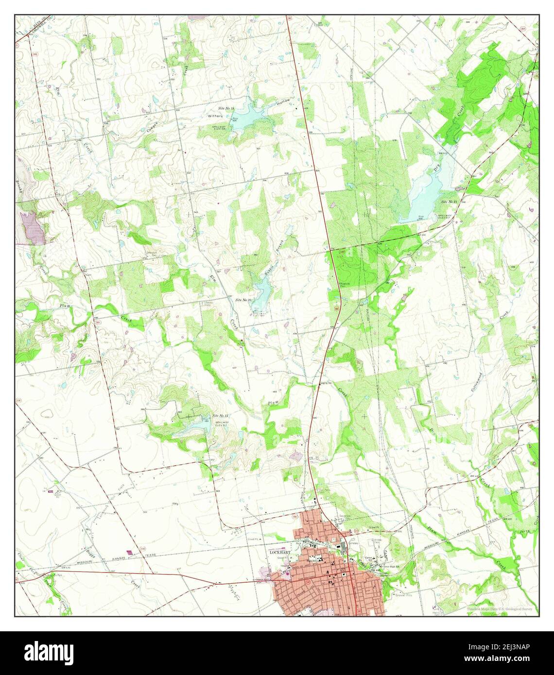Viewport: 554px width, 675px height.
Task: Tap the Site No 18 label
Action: click(x=226, y=108)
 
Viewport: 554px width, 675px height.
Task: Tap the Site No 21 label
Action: click(x=450, y=201)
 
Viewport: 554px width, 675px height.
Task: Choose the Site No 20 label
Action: click(x=243, y=300)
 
